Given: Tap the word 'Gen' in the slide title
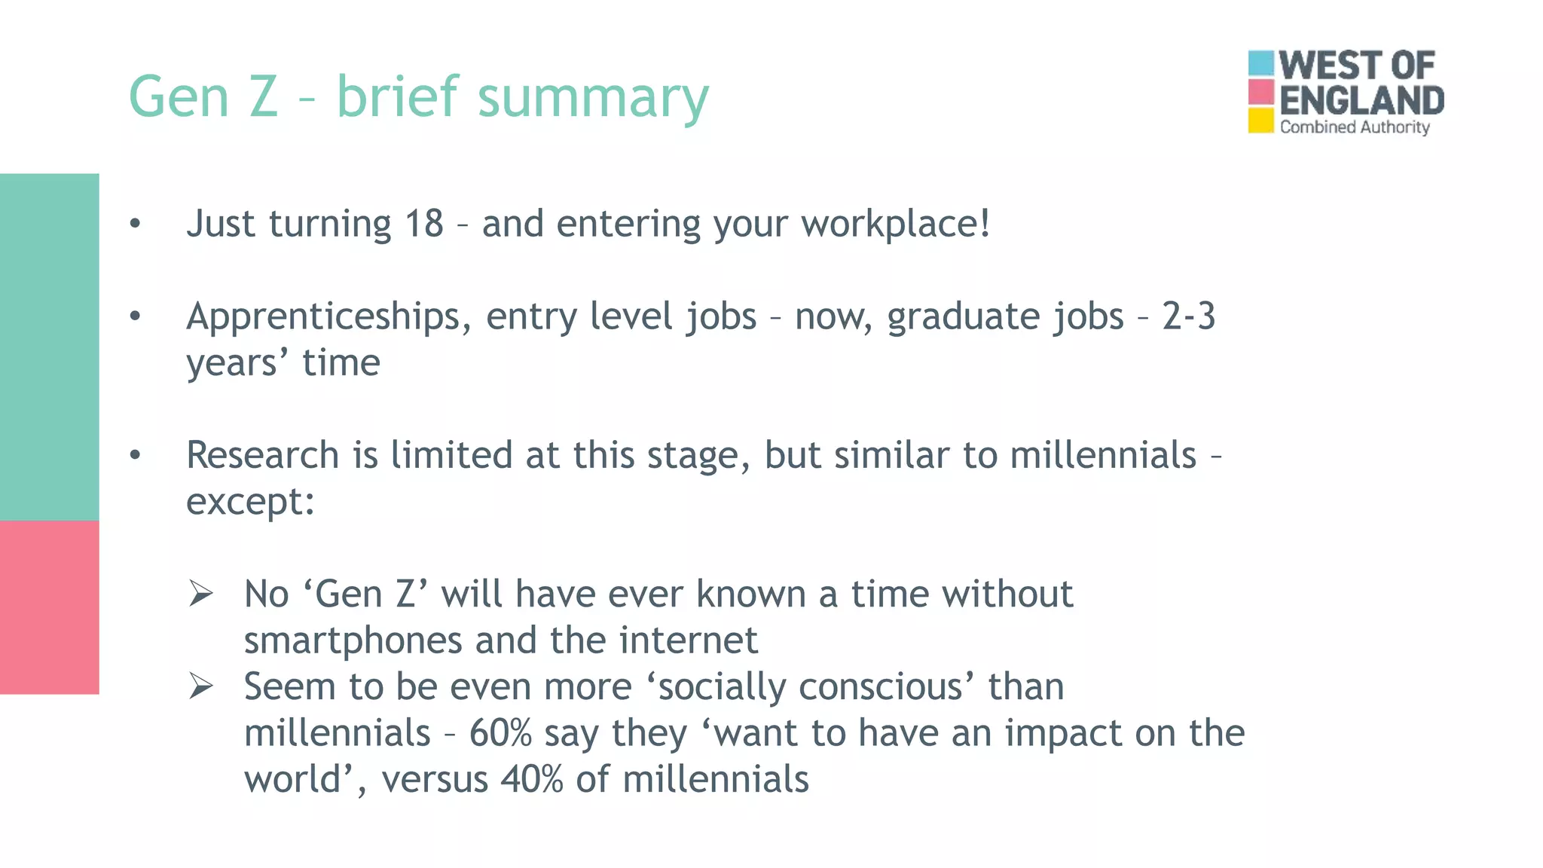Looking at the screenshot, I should (179, 98).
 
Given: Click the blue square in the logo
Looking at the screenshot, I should (1260, 63).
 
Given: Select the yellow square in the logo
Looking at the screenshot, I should (1260, 121).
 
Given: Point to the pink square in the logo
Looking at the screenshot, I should (1260, 92).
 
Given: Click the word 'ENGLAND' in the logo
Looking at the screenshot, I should (1361, 101).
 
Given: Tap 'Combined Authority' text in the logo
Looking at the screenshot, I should (1354, 127).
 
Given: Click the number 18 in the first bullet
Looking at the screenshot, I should (423, 224).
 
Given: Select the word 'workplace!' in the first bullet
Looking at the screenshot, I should (895, 224).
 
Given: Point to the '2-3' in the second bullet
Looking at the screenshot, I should (1188, 316).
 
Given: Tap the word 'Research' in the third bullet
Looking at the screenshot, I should (262, 455).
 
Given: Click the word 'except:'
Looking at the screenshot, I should (250, 502).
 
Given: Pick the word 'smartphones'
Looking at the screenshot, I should (353, 640).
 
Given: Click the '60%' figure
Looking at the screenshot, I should (500, 733).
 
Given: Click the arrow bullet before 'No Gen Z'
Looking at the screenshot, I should (201, 594).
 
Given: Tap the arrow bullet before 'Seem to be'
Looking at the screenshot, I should (201, 686).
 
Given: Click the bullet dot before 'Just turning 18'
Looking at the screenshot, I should (135, 224).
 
